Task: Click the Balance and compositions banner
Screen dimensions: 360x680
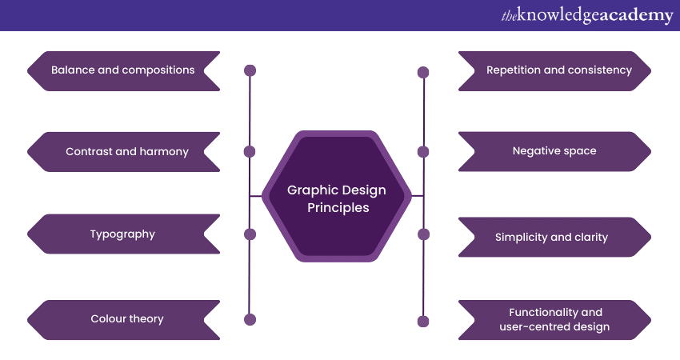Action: tap(123, 70)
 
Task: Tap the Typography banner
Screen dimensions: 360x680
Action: tap(122, 234)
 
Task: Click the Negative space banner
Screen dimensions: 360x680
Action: tap(554, 151)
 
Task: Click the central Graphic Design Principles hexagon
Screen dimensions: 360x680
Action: tap(337, 197)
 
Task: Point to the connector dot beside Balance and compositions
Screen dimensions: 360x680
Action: tap(250, 70)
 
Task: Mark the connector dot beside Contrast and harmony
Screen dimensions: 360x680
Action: tap(250, 151)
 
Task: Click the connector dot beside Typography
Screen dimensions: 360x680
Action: tap(250, 234)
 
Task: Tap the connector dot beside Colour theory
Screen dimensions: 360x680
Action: tap(250, 319)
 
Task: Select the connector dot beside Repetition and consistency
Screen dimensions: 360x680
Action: tap(423, 72)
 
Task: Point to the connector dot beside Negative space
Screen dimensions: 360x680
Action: tap(423, 152)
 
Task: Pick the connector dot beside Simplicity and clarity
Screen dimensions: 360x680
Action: tap(423, 234)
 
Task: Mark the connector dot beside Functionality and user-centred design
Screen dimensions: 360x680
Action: tap(423, 321)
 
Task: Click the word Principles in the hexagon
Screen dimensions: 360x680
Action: tap(338, 207)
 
